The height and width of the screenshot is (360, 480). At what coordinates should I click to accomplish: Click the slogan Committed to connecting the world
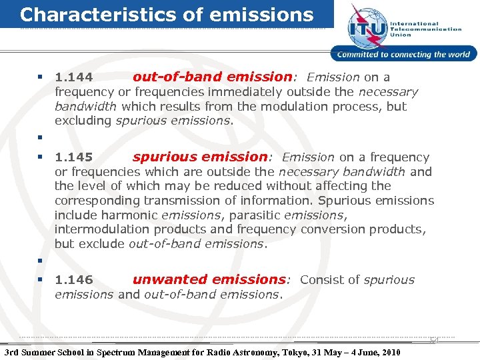coord(404,55)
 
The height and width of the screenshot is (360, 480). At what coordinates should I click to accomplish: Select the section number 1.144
coord(73,78)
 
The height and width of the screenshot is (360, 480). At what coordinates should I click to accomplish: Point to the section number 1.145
coord(73,158)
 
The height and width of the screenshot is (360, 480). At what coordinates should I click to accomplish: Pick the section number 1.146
coord(73,281)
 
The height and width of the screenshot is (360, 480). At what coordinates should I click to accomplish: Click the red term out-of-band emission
coord(212,77)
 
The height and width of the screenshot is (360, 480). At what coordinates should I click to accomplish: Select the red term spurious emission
coord(199,157)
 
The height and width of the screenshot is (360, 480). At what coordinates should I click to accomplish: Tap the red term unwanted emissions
coord(209,280)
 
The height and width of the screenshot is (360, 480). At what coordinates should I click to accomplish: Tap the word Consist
coord(321,280)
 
